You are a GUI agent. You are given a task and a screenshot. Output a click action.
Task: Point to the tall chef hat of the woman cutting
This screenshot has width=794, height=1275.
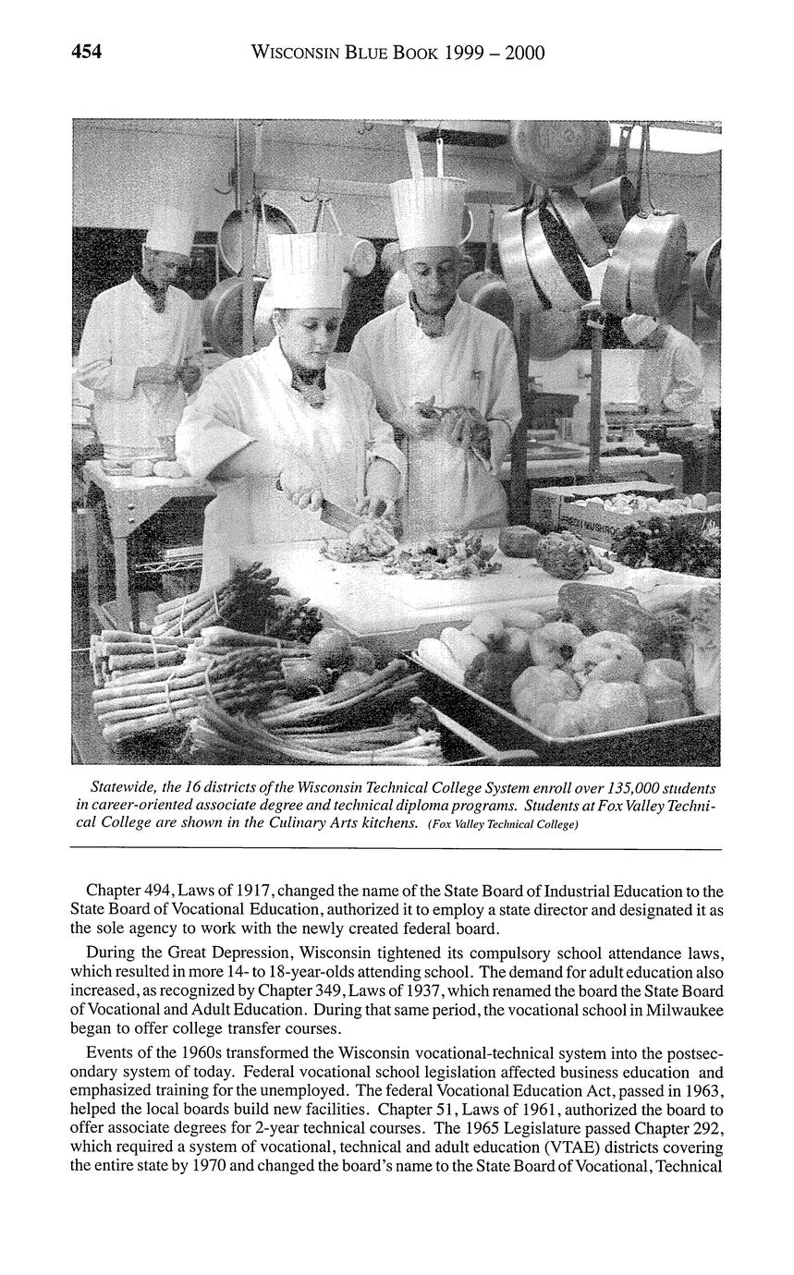pos(306,268)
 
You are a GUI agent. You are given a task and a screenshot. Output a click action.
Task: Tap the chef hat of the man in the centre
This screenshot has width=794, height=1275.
pos(427,212)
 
